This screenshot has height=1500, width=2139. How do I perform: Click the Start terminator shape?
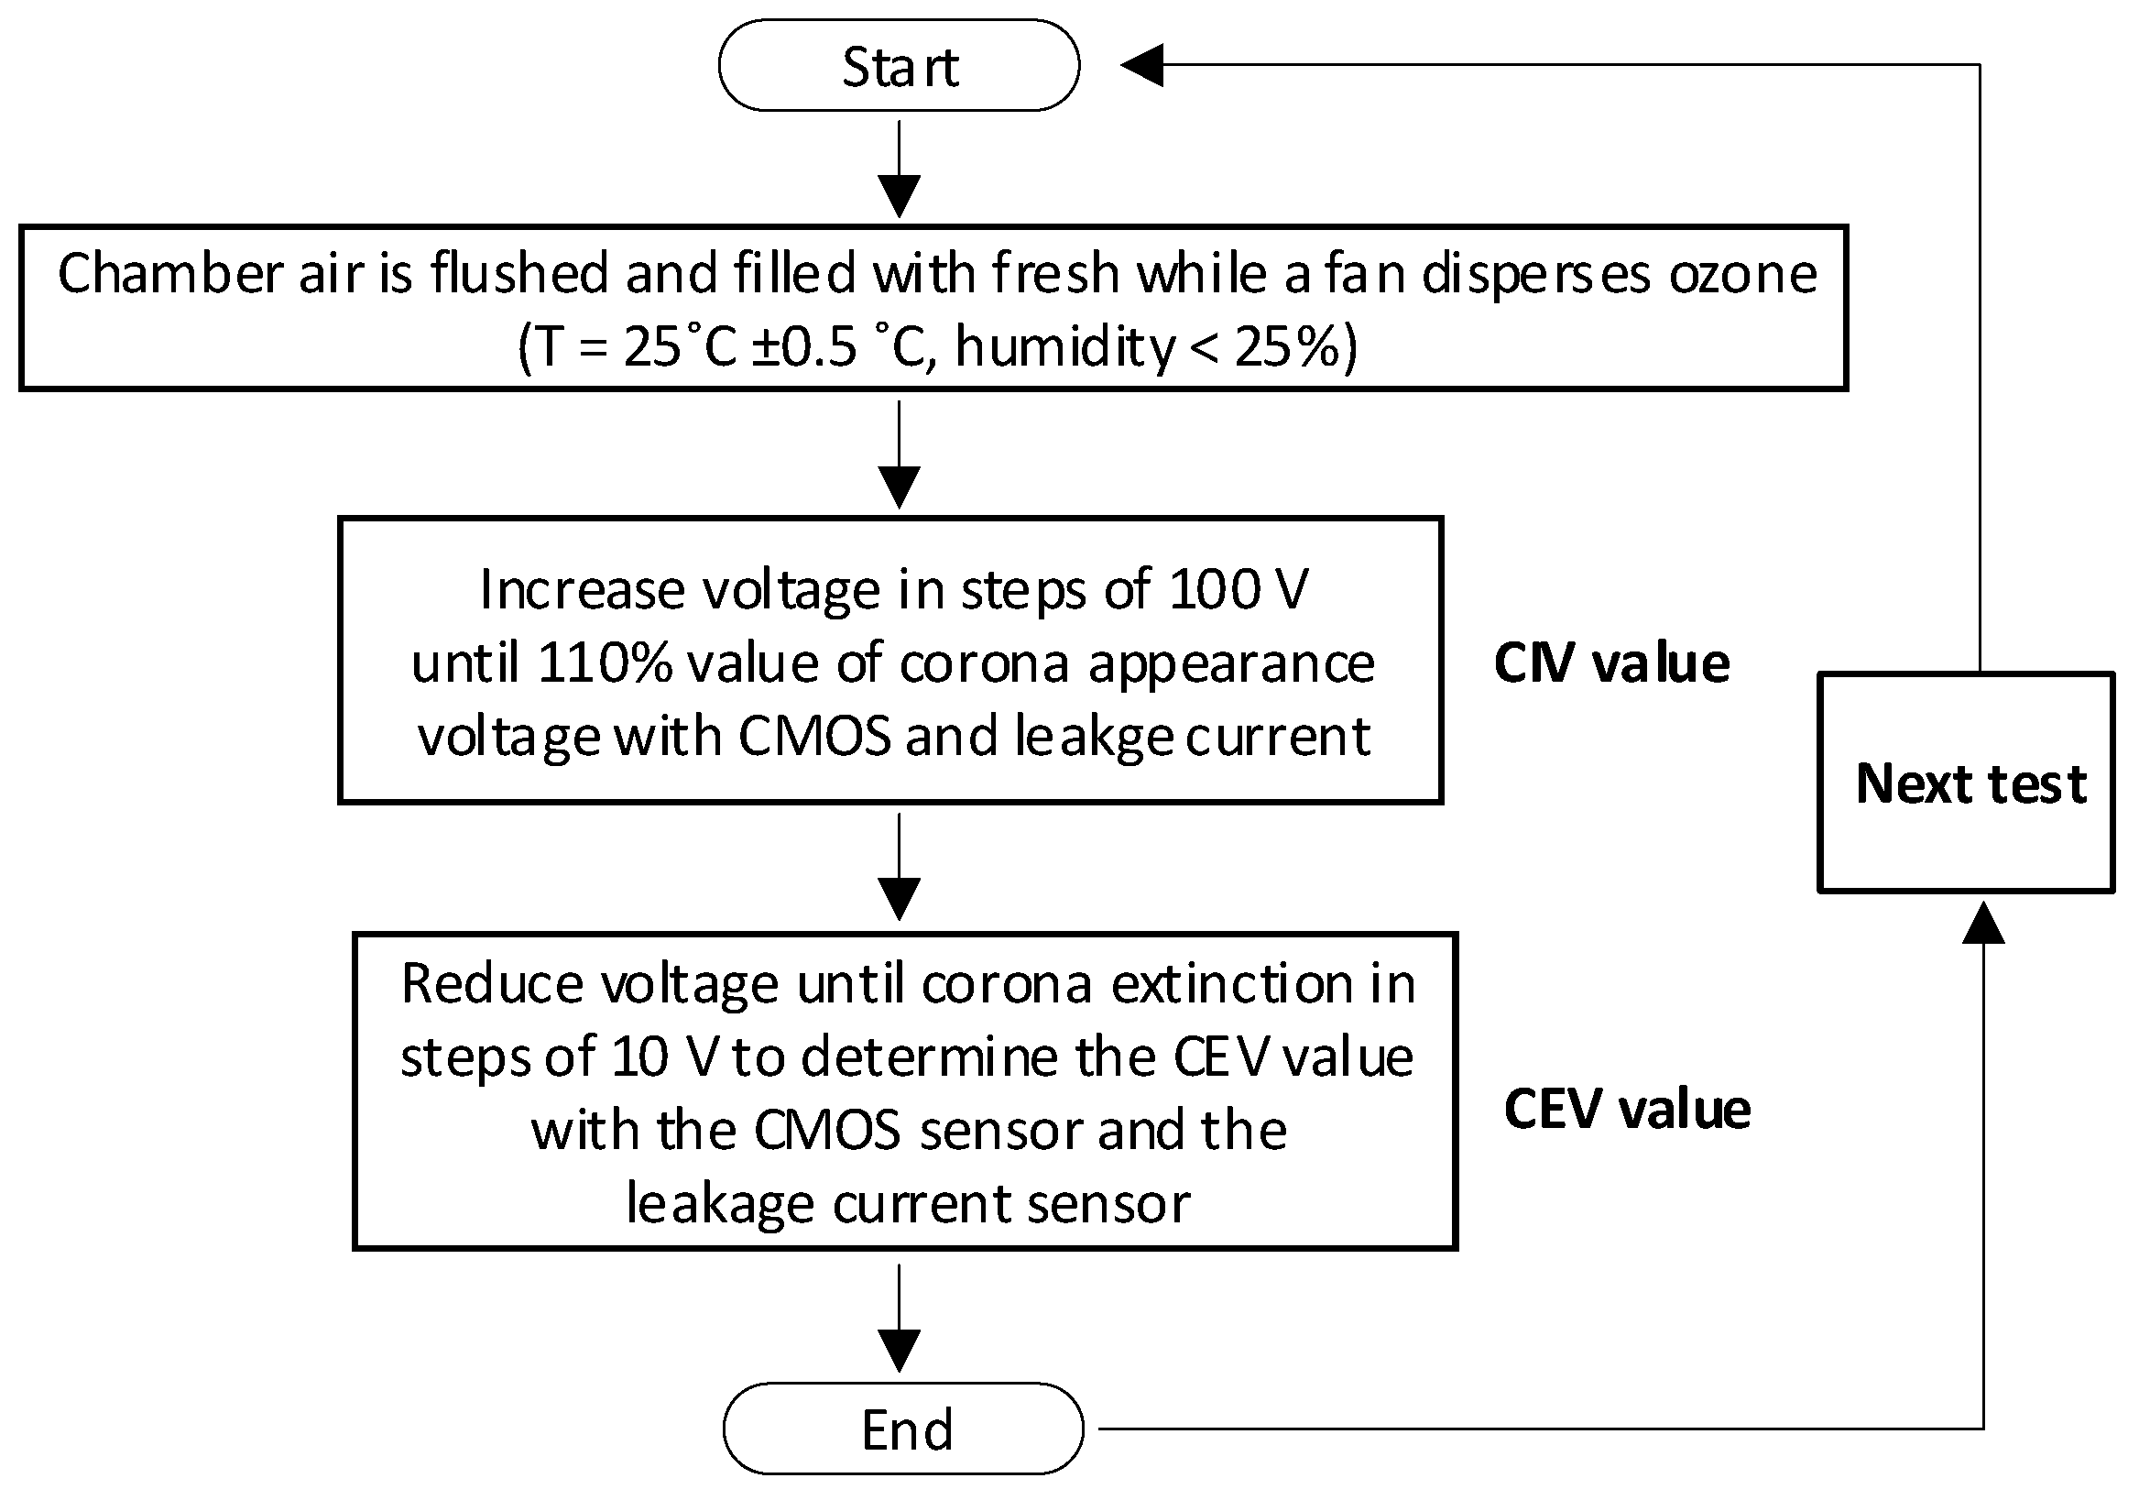click(899, 66)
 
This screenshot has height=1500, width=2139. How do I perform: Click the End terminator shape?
click(903, 1429)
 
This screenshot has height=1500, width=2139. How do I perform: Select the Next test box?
click(1966, 783)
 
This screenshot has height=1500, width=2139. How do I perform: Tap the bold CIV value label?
click(1611, 663)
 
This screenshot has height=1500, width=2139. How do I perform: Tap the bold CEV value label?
click(1627, 1109)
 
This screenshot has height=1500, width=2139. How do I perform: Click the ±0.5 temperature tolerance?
click(803, 347)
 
